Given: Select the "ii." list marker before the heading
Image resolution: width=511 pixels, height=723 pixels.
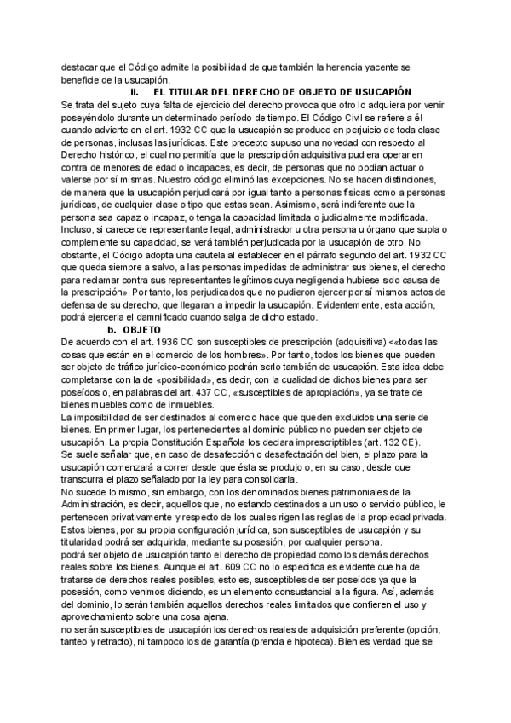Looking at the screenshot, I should tap(134, 91).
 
